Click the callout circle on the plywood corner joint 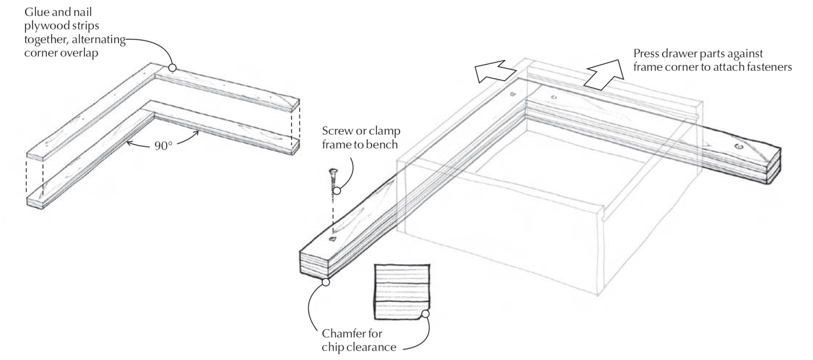click(x=172, y=68)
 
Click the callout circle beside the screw click(x=336, y=190)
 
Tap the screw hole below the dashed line click(x=333, y=239)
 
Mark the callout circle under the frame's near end click(x=326, y=282)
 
